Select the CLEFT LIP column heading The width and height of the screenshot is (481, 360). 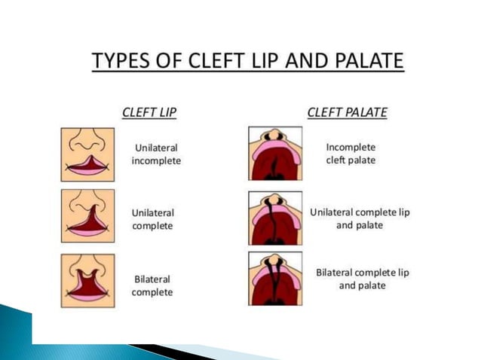[x=149, y=113]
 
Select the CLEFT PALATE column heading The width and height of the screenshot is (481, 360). [x=347, y=113]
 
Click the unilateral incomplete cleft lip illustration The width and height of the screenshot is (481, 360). [x=88, y=154]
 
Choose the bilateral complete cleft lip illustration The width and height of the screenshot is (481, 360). [x=88, y=280]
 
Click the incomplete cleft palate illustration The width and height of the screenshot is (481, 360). [x=275, y=153]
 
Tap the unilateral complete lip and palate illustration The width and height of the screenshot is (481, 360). [x=275, y=218]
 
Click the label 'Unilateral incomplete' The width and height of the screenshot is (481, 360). [x=156, y=154]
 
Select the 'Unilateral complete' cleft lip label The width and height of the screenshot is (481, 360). [x=153, y=219]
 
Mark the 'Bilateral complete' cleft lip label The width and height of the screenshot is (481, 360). [x=152, y=285]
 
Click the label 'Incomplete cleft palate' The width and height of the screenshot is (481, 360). [x=350, y=154]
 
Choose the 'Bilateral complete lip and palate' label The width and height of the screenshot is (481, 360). [x=362, y=279]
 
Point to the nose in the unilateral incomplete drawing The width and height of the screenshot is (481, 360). [x=88, y=143]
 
